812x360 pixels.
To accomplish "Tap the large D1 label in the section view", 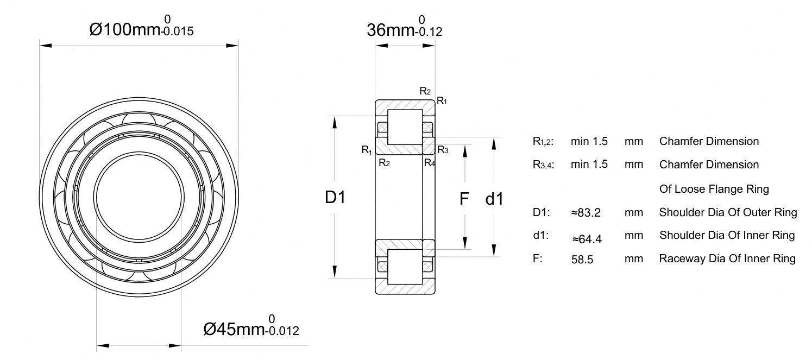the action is click(x=335, y=197).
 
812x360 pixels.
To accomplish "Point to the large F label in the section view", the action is click(x=464, y=199).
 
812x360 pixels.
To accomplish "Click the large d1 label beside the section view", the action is click(x=494, y=199).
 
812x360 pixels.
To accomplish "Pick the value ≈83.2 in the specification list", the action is click(x=586, y=212).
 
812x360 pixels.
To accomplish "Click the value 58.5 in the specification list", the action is click(x=582, y=260).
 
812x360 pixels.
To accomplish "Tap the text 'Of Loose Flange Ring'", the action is click(x=714, y=189).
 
